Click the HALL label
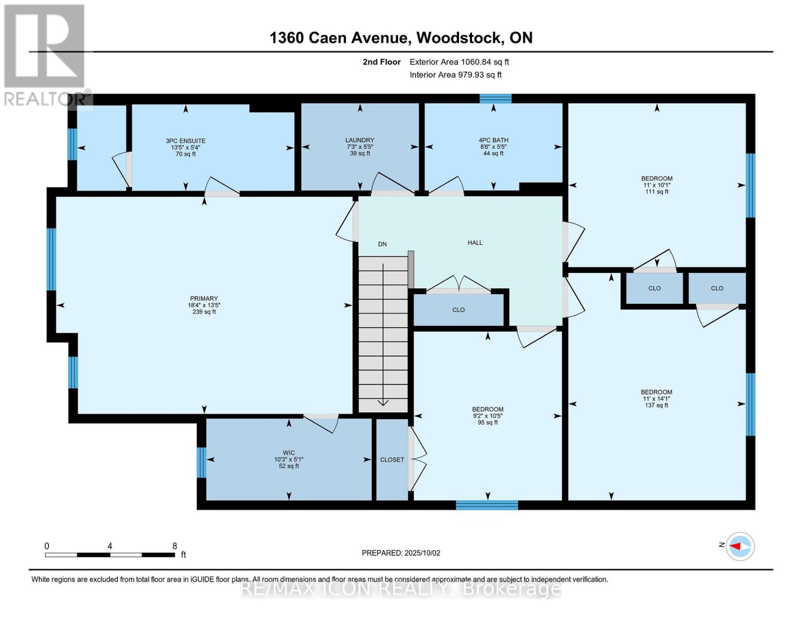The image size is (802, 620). point(475,242)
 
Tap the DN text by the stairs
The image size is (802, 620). point(382,244)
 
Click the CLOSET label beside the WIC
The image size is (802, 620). point(392,459)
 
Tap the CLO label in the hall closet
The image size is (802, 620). point(459,310)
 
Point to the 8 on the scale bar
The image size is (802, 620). point(175,546)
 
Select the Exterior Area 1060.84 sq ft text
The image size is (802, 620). point(459,62)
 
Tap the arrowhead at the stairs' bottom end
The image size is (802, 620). point(383,402)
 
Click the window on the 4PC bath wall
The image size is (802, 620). point(495,99)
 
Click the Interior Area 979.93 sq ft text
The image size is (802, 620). point(455,75)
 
